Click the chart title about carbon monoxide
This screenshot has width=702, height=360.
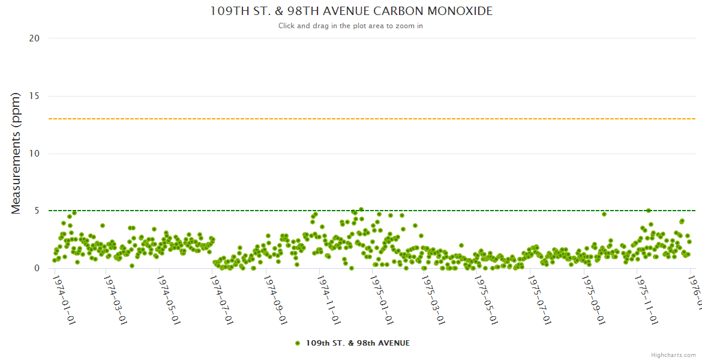point(351,11)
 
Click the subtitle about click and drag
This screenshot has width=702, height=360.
point(350,26)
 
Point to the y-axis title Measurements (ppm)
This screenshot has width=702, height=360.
point(16,153)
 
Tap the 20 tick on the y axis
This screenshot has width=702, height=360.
point(34,38)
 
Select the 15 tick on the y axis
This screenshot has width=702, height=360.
point(34,96)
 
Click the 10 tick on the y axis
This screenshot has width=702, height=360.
point(34,154)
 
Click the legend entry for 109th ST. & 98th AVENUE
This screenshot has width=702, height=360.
point(358,343)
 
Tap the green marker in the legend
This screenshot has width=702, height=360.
point(298,343)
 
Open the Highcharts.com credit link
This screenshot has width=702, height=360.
point(673,355)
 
